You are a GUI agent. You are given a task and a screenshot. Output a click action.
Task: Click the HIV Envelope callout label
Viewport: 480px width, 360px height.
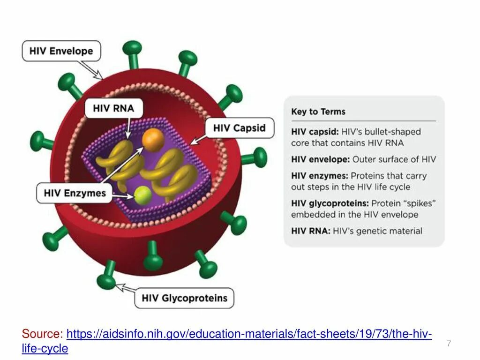click(x=61, y=51)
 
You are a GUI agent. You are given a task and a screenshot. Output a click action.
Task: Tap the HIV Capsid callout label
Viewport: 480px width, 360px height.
click(x=239, y=128)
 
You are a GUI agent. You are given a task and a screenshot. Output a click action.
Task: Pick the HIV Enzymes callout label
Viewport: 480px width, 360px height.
click(x=75, y=193)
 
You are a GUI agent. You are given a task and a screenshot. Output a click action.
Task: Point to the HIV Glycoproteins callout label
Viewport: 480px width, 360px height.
click(x=184, y=298)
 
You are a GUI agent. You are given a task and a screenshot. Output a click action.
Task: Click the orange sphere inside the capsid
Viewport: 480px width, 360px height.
click(x=153, y=139)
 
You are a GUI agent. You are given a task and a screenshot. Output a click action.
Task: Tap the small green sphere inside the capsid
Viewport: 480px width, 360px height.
click(x=143, y=195)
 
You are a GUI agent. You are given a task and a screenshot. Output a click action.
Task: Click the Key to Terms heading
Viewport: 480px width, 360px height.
click(x=318, y=112)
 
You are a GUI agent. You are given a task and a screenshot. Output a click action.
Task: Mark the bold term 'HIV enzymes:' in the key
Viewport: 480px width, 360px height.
click(x=320, y=176)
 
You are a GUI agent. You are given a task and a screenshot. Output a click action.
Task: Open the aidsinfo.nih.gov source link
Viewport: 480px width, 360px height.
click(x=248, y=334)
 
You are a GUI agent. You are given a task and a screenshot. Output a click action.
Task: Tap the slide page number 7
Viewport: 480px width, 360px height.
click(x=449, y=344)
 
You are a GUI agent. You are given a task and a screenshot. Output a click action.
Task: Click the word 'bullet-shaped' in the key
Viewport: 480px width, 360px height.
click(x=391, y=132)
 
